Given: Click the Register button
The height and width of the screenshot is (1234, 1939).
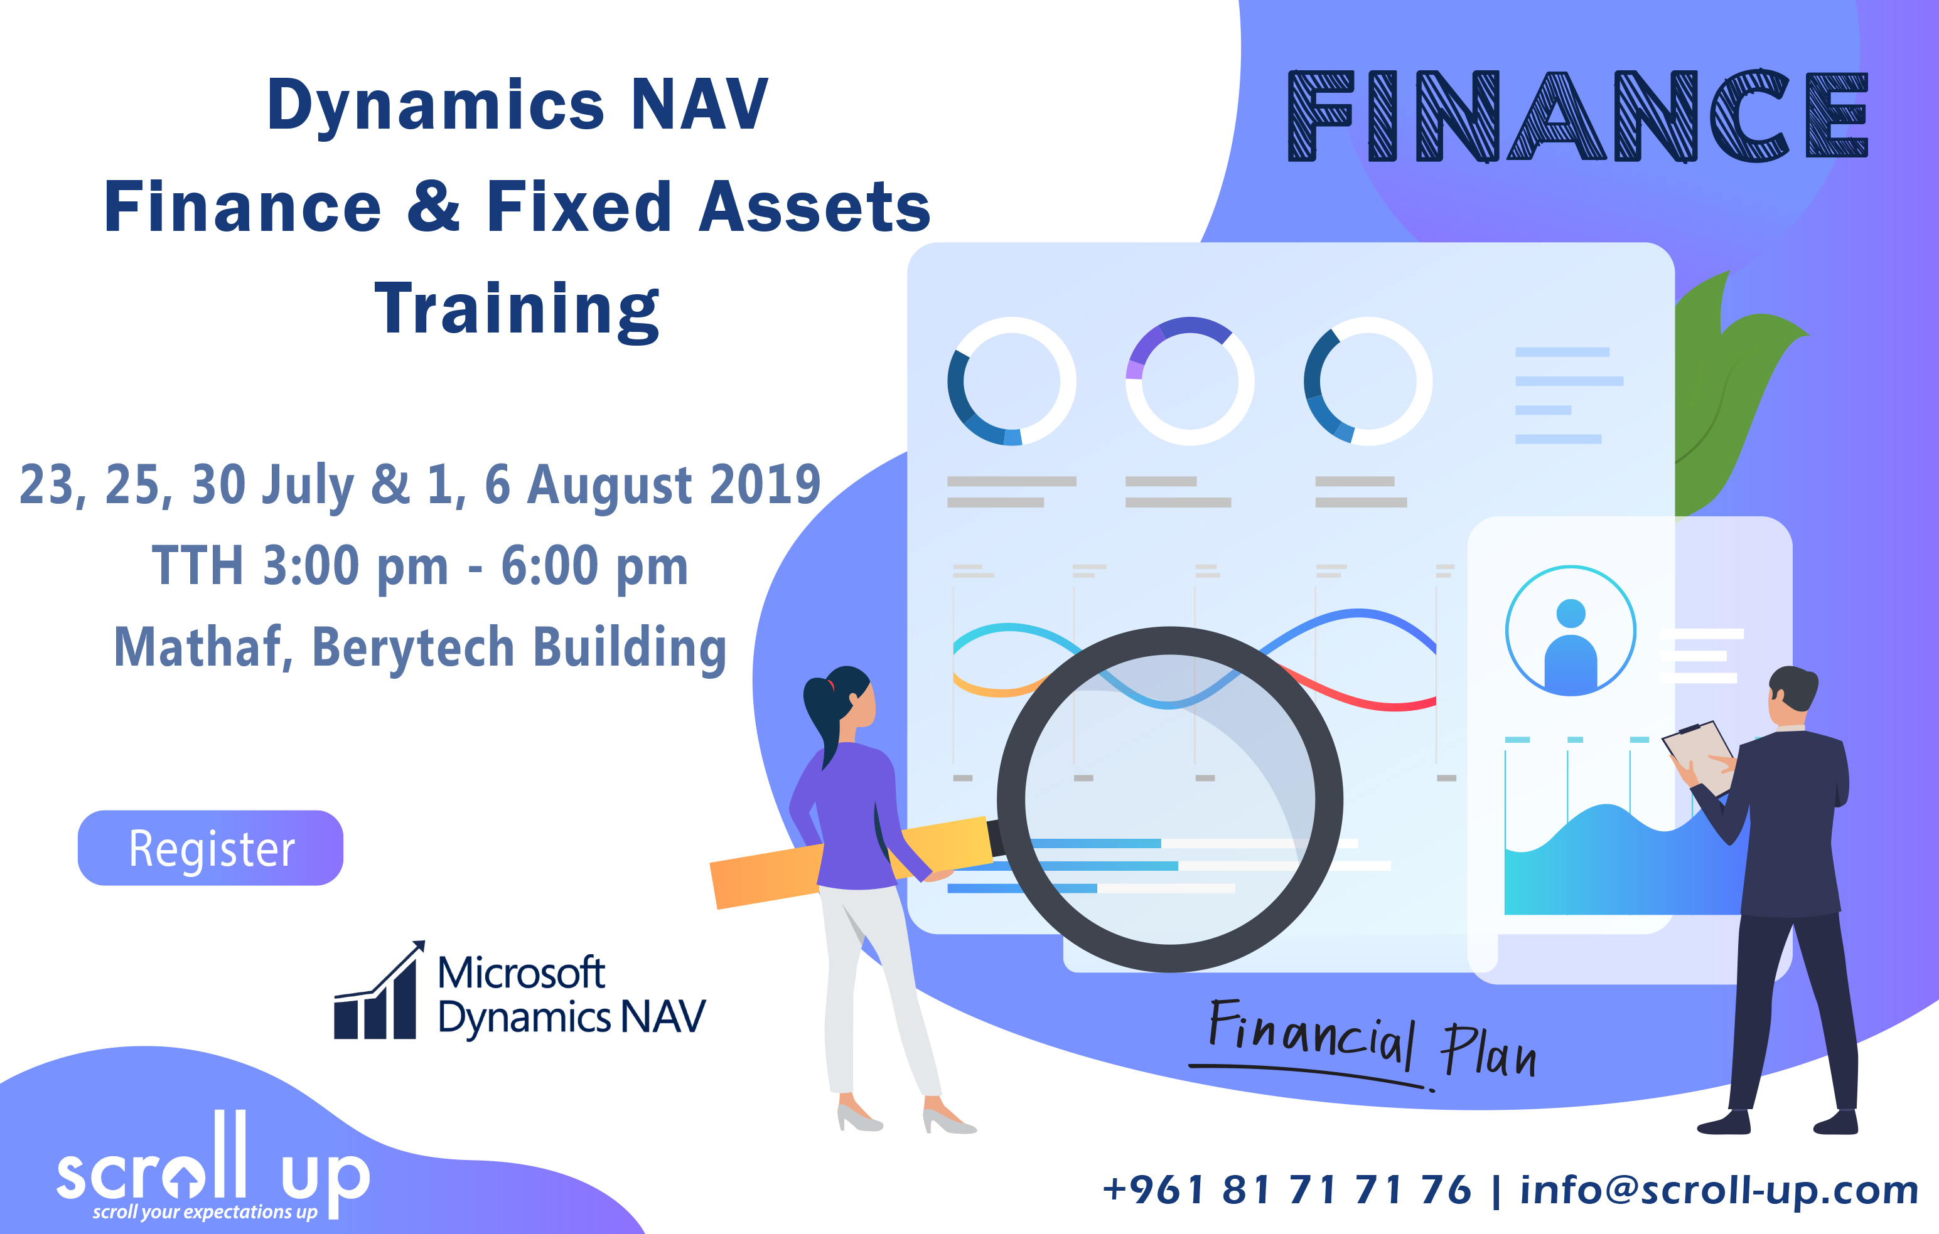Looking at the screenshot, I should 210,848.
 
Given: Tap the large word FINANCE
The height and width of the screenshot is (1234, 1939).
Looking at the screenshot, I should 1577,116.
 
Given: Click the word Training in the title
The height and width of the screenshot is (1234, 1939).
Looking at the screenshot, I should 517,310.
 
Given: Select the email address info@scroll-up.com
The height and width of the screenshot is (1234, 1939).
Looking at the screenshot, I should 1719,1189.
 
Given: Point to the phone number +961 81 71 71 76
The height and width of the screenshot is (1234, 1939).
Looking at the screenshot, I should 1286,1189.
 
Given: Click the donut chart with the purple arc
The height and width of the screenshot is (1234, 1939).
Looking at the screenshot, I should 1190,381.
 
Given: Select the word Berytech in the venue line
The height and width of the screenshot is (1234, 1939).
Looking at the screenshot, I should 412,648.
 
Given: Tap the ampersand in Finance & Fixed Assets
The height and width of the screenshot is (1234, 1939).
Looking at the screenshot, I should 433,207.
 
